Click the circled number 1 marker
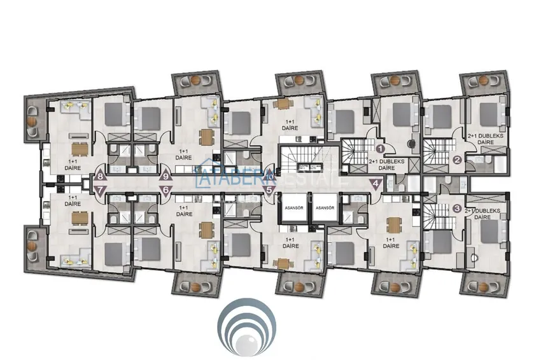point(381,148)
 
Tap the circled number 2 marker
point(457,160)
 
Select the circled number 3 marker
point(457,208)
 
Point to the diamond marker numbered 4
point(376,184)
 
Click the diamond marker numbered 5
point(269,189)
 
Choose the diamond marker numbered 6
point(166,190)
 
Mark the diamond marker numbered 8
point(99,177)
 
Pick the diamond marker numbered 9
point(166,177)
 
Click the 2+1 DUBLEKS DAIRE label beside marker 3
point(483,214)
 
